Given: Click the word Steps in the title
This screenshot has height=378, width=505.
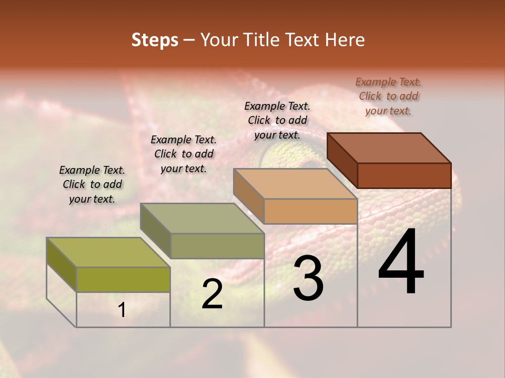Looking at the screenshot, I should pos(155,40).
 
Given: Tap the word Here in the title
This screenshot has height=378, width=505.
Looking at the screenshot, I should pos(345,40).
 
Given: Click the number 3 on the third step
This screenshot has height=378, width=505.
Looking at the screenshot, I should pos(308,278).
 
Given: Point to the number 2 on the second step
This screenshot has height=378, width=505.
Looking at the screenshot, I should pos(212,294).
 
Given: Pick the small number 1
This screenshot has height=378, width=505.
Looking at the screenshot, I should pos(122,310).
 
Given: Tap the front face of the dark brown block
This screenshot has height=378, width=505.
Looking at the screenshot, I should pos(404,175).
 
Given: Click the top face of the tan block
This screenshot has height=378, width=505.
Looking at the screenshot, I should pos(295,184).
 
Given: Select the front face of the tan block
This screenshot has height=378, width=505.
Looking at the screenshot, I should pos(310,211).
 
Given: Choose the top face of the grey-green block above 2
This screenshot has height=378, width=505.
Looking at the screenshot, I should pos(202,218).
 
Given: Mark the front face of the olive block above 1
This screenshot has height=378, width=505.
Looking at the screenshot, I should pos(123,279).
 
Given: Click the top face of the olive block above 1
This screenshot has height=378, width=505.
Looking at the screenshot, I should pos(108,252).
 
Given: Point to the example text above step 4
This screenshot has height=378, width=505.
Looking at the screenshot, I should pos(388,96).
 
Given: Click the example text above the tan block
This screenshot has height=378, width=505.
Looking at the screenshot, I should pos(277,120).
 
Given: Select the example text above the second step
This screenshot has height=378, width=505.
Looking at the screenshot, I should pos(184,154).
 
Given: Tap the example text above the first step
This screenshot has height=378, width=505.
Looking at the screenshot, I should pos(92,184).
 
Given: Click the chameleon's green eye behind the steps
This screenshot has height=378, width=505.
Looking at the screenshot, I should pos(281,157).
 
